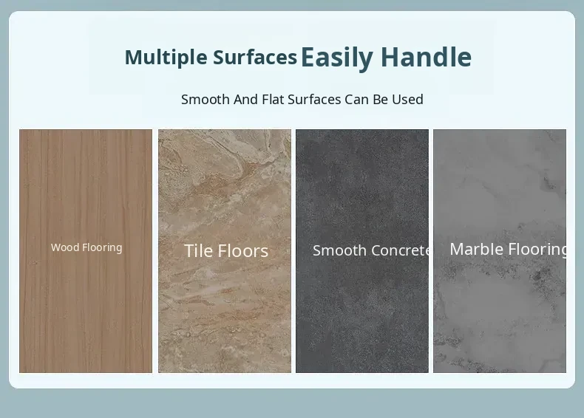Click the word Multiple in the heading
point(166,58)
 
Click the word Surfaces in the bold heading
point(255,57)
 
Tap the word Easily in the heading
point(336,58)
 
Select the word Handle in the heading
point(426,57)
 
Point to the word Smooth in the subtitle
point(206,100)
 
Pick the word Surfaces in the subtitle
point(314,100)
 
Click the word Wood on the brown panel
point(65,247)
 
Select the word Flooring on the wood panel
point(102,248)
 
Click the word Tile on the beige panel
point(199,250)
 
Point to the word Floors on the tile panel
point(242,250)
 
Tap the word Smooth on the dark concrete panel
point(339,250)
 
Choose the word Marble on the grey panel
point(477,249)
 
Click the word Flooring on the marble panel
point(537,250)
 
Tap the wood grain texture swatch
point(86,251)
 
